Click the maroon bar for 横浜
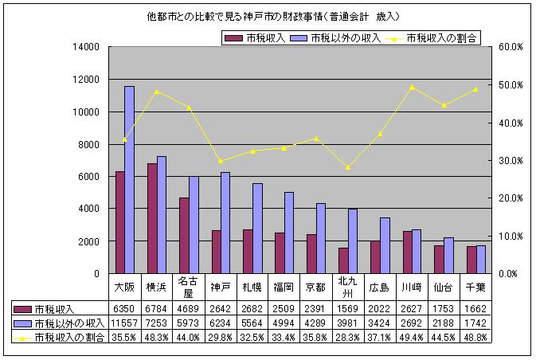coord(151,218)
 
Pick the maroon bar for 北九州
coord(342,260)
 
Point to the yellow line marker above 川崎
coord(412,88)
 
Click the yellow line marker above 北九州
coord(348,167)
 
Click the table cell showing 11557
coord(125,323)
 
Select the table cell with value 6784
coord(156,309)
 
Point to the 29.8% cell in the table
coord(220,337)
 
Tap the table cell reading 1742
coord(475,323)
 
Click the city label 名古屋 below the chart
coord(188,286)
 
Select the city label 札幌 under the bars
coord(252,286)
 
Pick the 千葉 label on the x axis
coord(475,286)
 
